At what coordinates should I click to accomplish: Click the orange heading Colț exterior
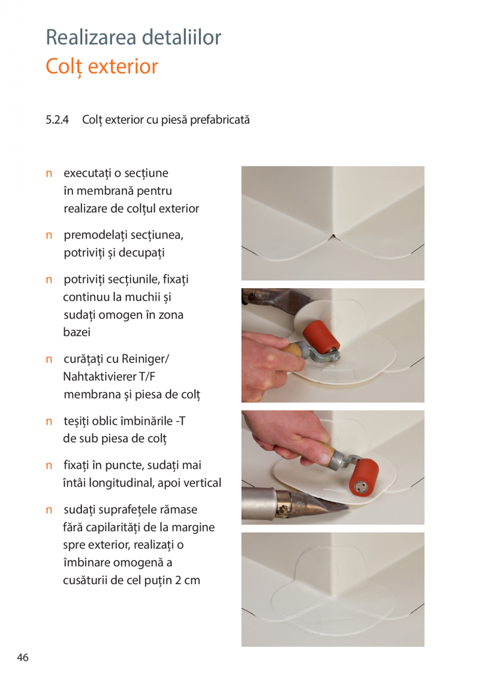[102, 67]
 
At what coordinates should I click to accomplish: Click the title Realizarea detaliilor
[133, 38]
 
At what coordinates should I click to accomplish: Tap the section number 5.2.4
[57, 120]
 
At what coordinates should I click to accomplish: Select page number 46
[22, 658]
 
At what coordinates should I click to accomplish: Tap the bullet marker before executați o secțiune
[49, 173]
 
